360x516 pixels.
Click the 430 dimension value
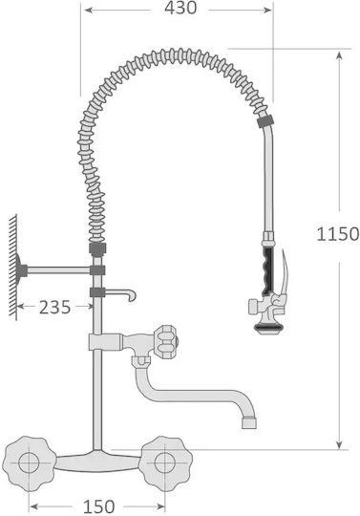(180, 8)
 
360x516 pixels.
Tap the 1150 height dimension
(338, 234)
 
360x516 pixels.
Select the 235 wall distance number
(54, 308)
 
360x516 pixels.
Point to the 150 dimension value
(98, 506)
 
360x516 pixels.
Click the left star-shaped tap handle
(29, 463)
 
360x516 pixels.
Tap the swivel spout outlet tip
(249, 423)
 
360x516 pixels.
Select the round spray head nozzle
(266, 328)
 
